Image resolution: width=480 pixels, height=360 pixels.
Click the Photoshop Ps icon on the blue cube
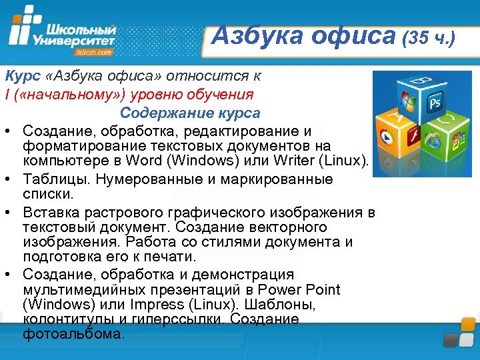435,104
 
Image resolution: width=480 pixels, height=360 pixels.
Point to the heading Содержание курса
190,113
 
